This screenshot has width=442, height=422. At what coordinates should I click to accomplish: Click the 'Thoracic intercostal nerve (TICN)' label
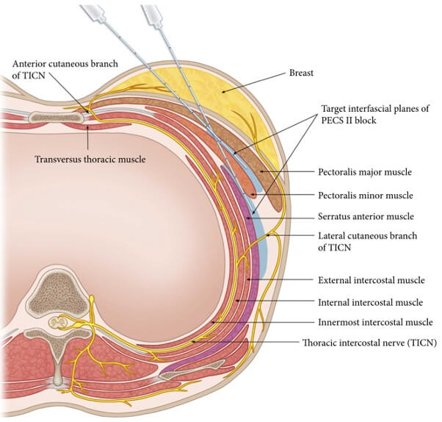[x=368, y=342]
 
